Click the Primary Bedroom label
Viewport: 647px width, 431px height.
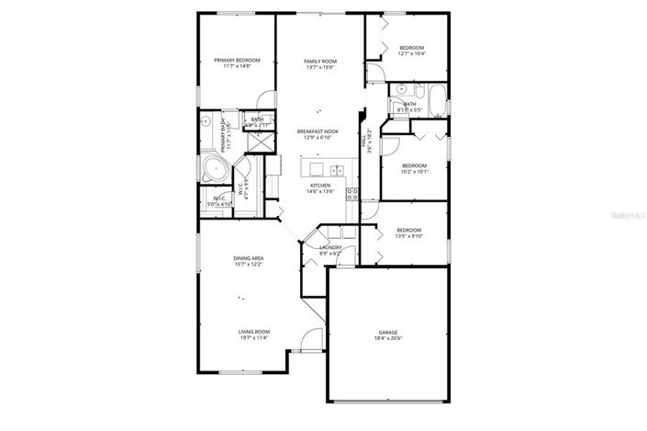point(237,61)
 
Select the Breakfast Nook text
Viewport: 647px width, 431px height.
point(318,131)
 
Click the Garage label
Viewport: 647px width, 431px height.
point(388,332)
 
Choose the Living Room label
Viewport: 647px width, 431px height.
point(253,332)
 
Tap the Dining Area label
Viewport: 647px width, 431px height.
point(248,259)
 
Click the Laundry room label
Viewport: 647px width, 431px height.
point(330,247)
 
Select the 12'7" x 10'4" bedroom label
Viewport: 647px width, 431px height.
point(410,48)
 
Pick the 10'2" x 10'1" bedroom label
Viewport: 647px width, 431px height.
point(414,165)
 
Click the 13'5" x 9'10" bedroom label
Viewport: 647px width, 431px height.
point(408,230)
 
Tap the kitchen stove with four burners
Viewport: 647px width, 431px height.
point(351,193)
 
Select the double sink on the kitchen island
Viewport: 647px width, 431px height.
point(337,169)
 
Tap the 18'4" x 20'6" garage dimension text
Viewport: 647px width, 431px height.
point(388,339)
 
